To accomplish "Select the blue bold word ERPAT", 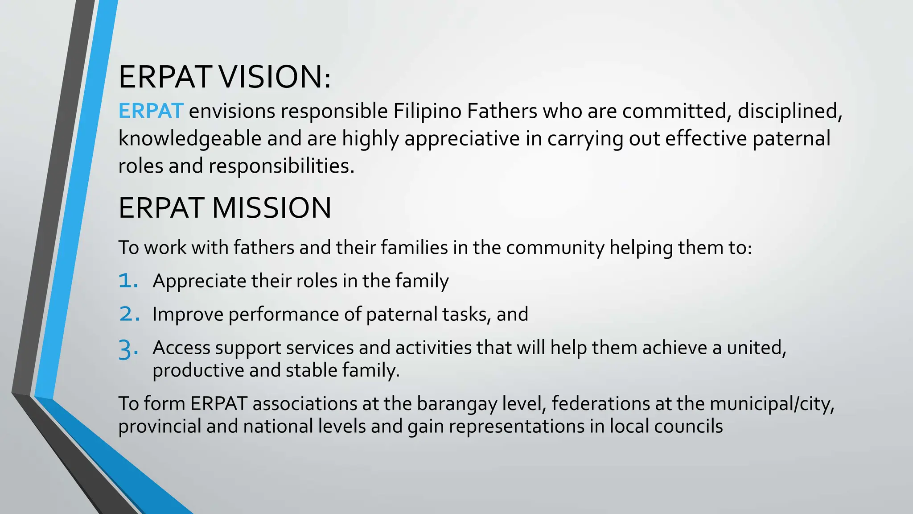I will click(x=151, y=111).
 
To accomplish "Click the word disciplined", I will click(x=790, y=111).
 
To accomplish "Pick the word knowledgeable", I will click(x=189, y=139).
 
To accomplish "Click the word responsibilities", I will click(x=281, y=166).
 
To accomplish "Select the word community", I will click(x=555, y=248).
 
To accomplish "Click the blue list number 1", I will click(x=127, y=281).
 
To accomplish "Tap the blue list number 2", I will click(x=129, y=315).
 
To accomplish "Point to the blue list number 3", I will click(x=128, y=349).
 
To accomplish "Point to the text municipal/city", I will click(x=772, y=404).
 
